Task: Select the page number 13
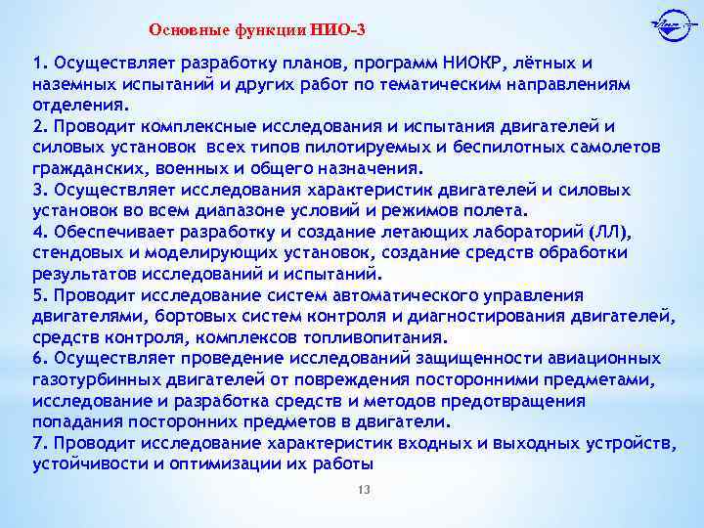pos(363,489)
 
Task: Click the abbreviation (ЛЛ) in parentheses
pos(610,232)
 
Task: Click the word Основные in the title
pos(187,28)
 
